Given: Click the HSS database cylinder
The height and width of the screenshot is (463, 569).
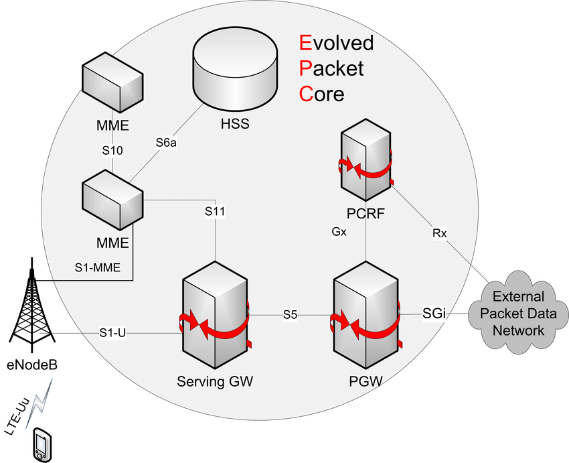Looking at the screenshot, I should [x=234, y=74].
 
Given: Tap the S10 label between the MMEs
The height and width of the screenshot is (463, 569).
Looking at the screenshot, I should [x=112, y=151].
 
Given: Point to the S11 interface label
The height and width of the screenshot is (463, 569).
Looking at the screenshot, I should [x=215, y=212].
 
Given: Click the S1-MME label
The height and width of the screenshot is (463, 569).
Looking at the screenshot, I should [x=97, y=268].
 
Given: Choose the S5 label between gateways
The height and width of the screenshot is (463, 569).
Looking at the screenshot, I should [x=290, y=314].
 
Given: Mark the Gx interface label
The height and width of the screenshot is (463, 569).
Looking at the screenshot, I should [x=339, y=232].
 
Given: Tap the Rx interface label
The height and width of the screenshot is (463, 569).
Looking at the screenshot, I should [x=440, y=233].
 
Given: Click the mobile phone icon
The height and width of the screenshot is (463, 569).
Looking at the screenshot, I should [x=43, y=444].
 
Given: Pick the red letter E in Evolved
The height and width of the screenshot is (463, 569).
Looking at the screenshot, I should [x=305, y=44].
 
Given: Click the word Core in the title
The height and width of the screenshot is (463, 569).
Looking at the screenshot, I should [x=322, y=94].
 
